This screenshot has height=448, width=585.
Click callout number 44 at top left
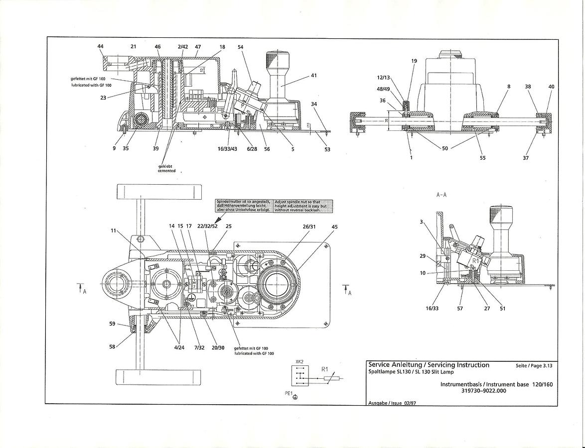(101, 46)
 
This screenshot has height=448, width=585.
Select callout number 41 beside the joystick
(313, 76)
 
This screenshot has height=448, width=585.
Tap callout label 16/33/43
(228, 149)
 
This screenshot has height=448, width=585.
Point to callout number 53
(327, 149)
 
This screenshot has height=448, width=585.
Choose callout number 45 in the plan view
(334, 227)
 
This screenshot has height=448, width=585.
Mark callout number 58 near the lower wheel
(113, 346)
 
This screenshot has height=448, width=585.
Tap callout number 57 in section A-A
(460, 309)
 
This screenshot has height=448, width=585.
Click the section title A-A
(441, 195)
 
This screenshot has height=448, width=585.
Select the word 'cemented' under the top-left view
(167, 171)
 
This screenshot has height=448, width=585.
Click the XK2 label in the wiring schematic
(299, 362)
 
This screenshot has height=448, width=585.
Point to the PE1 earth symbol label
(288, 393)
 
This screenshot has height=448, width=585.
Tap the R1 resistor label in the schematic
(324, 369)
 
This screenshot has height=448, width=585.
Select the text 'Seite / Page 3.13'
(534, 366)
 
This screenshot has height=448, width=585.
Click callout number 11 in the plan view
(114, 231)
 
